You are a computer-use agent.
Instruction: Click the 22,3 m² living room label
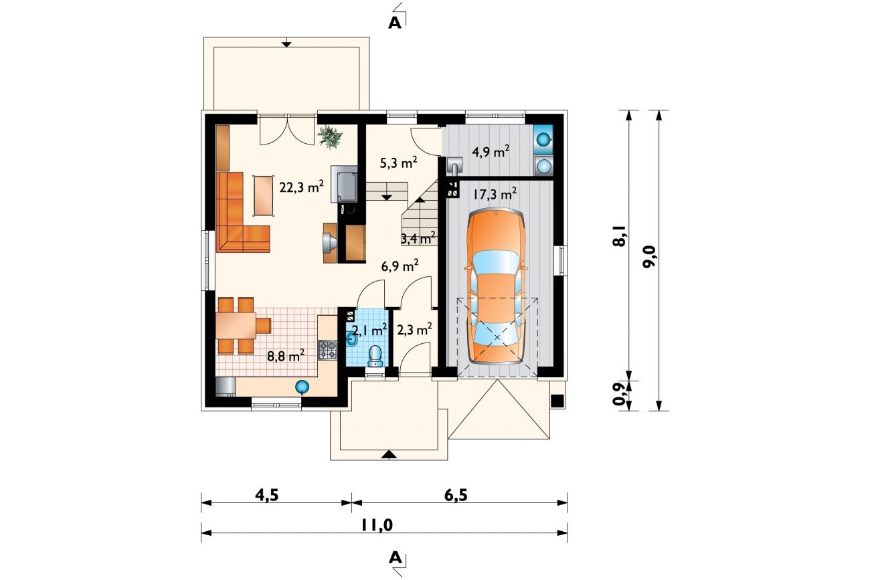coord(302,187)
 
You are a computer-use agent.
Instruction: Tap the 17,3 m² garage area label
coord(495,193)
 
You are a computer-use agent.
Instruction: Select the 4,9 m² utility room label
coord(491,152)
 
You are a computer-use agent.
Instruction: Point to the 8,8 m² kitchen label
coord(286,355)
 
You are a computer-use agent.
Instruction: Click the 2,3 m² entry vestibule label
coord(414,330)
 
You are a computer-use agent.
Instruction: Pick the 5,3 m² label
coord(398,163)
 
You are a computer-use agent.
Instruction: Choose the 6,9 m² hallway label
coord(400,266)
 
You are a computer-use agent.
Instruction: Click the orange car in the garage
coord(497,286)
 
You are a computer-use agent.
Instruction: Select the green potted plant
coord(330,136)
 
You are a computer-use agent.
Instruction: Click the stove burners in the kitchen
coord(328,349)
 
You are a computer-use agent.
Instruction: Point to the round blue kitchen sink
coord(302,387)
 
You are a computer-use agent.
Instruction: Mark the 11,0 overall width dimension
coord(377,525)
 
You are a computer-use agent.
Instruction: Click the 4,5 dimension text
coord(267,495)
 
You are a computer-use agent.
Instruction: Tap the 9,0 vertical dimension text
coord(649,257)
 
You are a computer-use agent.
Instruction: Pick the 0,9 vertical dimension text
coord(619,394)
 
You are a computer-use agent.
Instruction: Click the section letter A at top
coord(395,23)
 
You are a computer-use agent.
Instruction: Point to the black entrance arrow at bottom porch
coord(389,455)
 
